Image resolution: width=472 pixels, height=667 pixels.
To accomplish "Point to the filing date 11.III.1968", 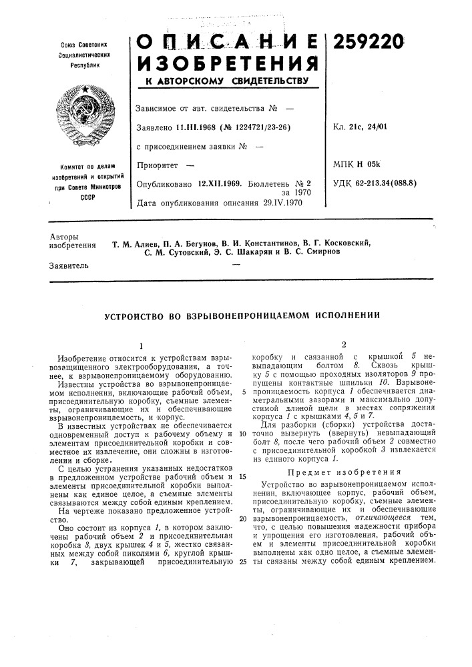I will (199, 127).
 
